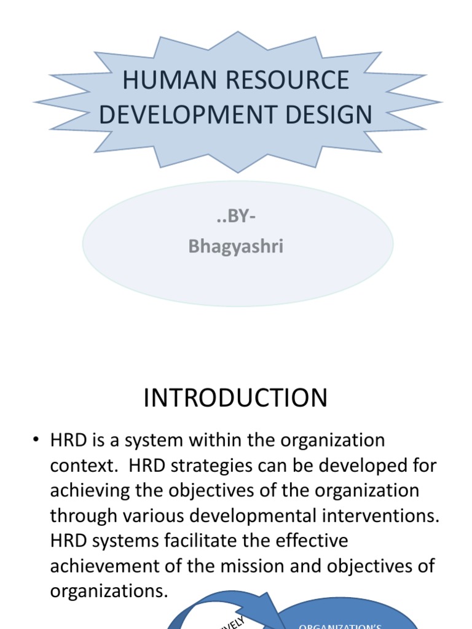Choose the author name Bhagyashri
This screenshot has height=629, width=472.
[236, 246]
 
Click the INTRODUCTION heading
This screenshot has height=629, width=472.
[235, 398]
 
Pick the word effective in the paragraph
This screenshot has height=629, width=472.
[305, 541]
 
